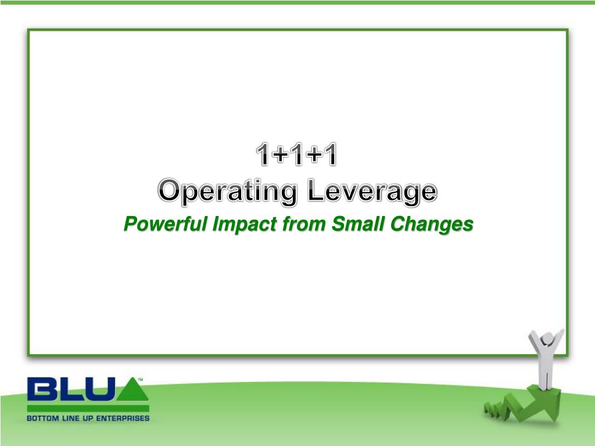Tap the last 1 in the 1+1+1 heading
(x=329, y=154)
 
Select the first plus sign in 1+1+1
(x=279, y=154)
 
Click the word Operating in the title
(x=227, y=192)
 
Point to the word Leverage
(x=372, y=192)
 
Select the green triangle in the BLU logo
(x=132, y=389)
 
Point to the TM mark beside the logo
(x=141, y=379)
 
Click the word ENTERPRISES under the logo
(x=123, y=418)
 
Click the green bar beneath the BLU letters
(x=88, y=408)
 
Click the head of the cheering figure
(x=547, y=339)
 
